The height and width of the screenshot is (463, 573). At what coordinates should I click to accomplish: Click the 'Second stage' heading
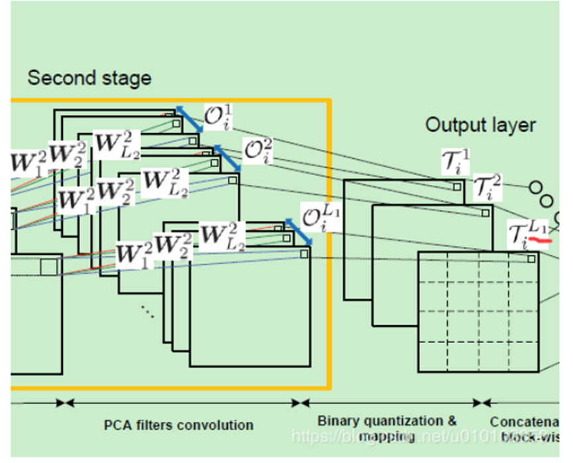[89, 78]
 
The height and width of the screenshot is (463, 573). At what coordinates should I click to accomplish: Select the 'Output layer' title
[480, 125]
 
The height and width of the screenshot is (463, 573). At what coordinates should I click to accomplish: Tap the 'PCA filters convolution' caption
[178, 425]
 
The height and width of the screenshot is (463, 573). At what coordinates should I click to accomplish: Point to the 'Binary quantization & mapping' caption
[388, 428]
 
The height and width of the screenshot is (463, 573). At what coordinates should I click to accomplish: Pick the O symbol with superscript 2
[258, 152]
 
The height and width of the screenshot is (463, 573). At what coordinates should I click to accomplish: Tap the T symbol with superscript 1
[455, 160]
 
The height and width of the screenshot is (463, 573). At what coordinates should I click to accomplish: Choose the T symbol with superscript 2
[488, 187]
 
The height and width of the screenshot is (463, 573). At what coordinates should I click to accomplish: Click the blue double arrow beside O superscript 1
[189, 119]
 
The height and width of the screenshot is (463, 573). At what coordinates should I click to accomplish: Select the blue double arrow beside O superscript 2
[227, 160]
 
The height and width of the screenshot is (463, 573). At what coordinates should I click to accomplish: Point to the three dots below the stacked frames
[147, 311]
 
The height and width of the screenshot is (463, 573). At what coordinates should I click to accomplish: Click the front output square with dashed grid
[478, 312]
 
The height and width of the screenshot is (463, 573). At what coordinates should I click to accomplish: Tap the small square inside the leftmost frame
[49, 267]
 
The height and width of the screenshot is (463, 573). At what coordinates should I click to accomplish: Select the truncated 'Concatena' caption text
[523, 422]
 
